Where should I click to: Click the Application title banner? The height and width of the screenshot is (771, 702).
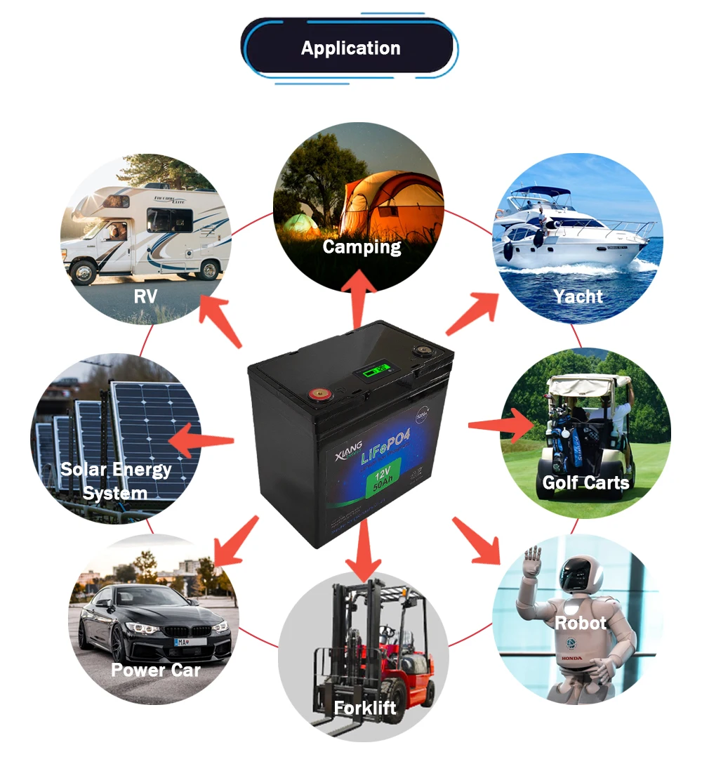tap(350, 48)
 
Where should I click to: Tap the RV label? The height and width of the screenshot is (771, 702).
tap(145, 296)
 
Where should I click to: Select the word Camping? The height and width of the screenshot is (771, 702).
tap(362, 247)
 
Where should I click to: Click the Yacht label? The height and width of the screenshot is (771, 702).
tap(578, 296)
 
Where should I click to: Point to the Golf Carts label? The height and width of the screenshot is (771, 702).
tap(585, 482)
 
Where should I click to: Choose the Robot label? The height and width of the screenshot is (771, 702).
tap(580, 623)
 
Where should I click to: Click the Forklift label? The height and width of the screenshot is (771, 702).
tap(364, 707)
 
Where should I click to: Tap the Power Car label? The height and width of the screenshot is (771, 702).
tap(156, 670)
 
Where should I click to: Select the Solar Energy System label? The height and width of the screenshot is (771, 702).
tap(116, 481)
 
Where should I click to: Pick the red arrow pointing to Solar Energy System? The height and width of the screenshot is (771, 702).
tap(201, 440)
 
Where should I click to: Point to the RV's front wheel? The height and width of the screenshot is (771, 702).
tap(84, 272)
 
